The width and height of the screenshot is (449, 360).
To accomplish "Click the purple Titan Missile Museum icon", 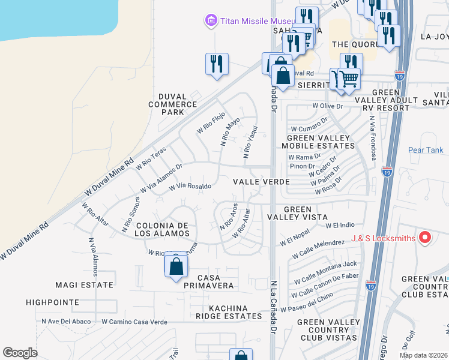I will pyautogui.click(x=210, y=22).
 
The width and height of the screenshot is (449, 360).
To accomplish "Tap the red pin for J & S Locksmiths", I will pyautogui.click(x=425, y=238).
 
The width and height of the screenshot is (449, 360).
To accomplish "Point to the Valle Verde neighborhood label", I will pyautogui.click(x=262, y=181).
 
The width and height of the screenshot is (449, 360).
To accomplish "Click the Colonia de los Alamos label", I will pyautogui.click(x=163, y=229).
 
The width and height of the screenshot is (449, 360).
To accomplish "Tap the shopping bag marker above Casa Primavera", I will pyautogui.click(x=176, y=266).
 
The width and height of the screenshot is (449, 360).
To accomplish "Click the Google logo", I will pyautogui.click(x=20, y=352).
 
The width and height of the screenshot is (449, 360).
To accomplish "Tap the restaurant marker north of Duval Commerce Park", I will pyautogui.click(x=217, y=64).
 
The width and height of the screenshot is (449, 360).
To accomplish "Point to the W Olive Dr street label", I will pyautogui.click(x=327, y=106).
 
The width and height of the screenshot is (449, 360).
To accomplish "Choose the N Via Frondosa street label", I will pyautogui.click(x=373, y=138).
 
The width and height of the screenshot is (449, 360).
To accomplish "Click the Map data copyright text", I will pyautogui.click(x=423, y=355).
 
